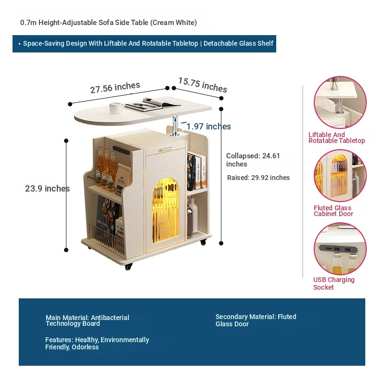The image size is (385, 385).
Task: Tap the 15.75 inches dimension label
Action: [203, 85]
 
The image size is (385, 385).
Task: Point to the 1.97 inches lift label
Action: [208, 127]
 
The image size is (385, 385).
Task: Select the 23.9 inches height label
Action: [47, 189]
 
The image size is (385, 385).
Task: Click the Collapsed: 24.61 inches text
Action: [253, 160]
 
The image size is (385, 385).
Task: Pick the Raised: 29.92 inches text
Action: [258, 178]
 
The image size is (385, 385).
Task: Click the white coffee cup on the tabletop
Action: [116, 108]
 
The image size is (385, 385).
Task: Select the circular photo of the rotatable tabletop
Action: [340, 102]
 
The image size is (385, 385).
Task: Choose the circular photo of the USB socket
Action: [340, 249]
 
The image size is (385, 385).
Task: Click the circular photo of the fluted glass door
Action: [340, 176]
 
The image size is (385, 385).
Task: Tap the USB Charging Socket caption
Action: [334, 283]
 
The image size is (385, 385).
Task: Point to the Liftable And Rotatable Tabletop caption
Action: [336, 138]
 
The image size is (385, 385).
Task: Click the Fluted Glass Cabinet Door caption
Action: [333, 211]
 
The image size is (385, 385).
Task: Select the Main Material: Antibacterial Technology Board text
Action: [87, 321]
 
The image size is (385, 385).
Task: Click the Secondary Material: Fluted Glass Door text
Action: [256, 320]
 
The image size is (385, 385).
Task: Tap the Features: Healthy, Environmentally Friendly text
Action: [97, 343]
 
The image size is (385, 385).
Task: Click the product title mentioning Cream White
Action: [108, 23]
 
